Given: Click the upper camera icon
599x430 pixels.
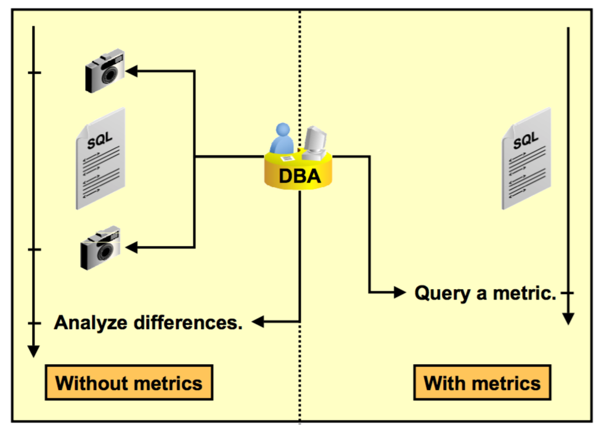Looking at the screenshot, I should coord(105,73).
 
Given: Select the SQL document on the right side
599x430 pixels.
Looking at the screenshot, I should coord(526,159).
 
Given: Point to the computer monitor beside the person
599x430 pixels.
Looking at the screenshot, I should coord(315,139).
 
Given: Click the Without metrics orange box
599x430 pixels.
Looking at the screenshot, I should coord(128,383).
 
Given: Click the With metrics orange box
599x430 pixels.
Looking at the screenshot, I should coord(482,383).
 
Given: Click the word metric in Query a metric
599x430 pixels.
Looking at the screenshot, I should coord(523,293).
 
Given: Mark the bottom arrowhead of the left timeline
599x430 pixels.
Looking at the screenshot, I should coord(34,351).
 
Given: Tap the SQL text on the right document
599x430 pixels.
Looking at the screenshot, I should coord(525,139).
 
